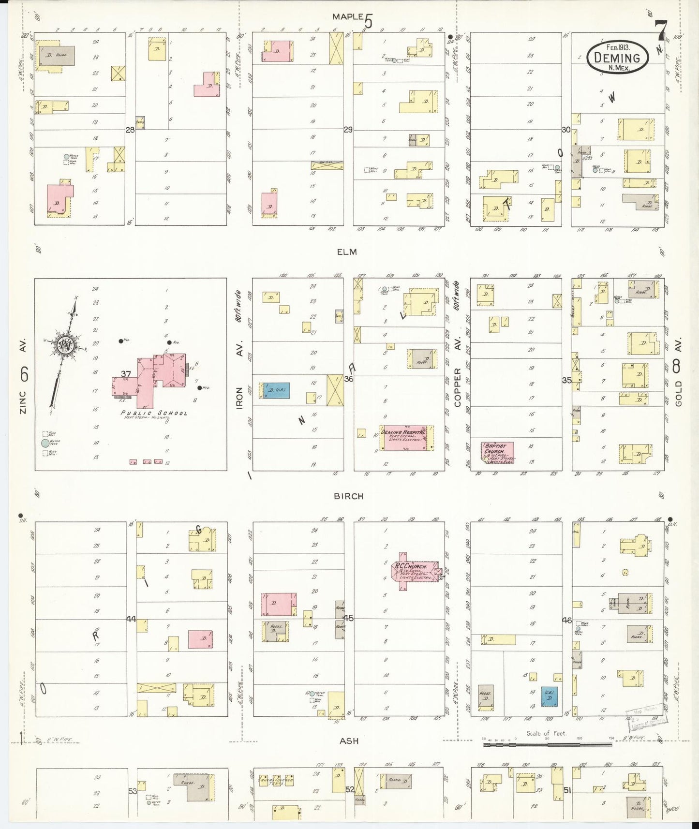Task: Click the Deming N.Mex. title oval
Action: point(617,58)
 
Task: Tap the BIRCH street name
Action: point(348,496)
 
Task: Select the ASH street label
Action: point(348,740)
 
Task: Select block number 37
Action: point(126,374)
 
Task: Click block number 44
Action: point(131,619)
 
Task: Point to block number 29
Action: point(348,130)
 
